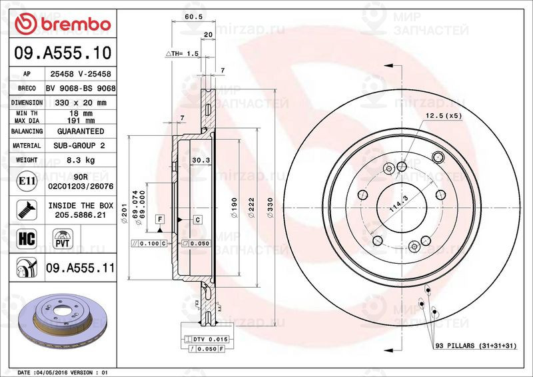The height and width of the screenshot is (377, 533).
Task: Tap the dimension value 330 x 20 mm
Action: coord(80,103)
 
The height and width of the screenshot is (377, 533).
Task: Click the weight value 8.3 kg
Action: coord(80,161)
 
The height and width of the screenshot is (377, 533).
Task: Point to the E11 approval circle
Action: coord(25,181)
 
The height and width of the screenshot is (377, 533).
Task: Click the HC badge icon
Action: coord(25,238)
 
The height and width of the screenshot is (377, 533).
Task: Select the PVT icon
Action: coord(64,238)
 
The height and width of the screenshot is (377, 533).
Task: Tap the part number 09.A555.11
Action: coord(81,269)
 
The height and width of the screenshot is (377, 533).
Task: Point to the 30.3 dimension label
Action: coord(201,160)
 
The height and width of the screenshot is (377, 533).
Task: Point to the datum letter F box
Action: coord(161,219)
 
